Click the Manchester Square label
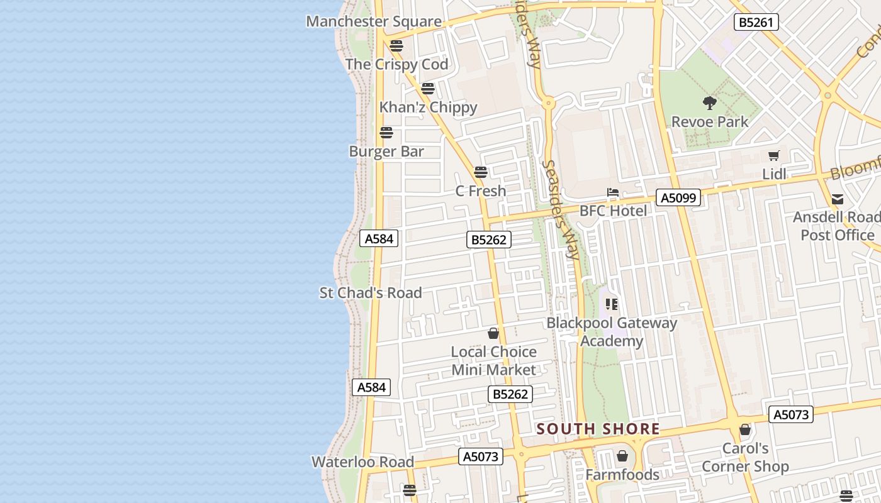point(374,21)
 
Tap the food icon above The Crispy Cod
point(396,45)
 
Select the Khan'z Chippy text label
point(428,108)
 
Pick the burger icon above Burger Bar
point(386,133)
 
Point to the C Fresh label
point(481,191)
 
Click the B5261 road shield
point(756,23)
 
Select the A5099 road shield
point(678,198)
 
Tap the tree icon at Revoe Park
point(710,102)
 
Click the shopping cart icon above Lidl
point(774,155)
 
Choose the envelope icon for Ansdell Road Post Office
point(838,199)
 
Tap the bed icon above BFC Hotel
point(613,192)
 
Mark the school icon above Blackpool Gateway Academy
point(612,305)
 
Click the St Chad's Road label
point(371,293)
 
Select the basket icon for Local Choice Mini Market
point(493,333)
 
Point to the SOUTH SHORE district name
point(598,429)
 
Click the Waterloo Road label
point(363,462)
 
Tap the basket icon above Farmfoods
point(622,456)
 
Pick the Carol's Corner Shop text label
point(745,457)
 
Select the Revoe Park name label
point(710,121)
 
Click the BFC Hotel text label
point(613,211)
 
